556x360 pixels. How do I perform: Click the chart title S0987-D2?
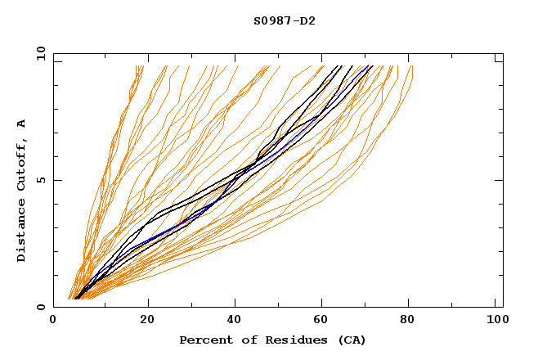tap(284, 20)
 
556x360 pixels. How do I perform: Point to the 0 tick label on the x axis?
tap(53, 322)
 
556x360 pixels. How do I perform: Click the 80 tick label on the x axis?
tap(409, 322)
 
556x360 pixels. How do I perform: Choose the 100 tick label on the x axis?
tap(494, 322)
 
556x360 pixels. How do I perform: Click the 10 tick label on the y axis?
tap(40, 54)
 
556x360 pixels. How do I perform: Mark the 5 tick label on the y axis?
tap(40, 180)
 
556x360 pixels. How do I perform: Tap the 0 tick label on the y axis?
tap(40, 307)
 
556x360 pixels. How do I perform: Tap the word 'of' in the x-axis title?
tap(243, 340)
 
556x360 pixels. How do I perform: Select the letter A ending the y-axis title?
tap(22, 124)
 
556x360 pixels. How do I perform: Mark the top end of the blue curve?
tap(371, 65)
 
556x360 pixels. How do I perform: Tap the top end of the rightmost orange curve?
tap(412, 66)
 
